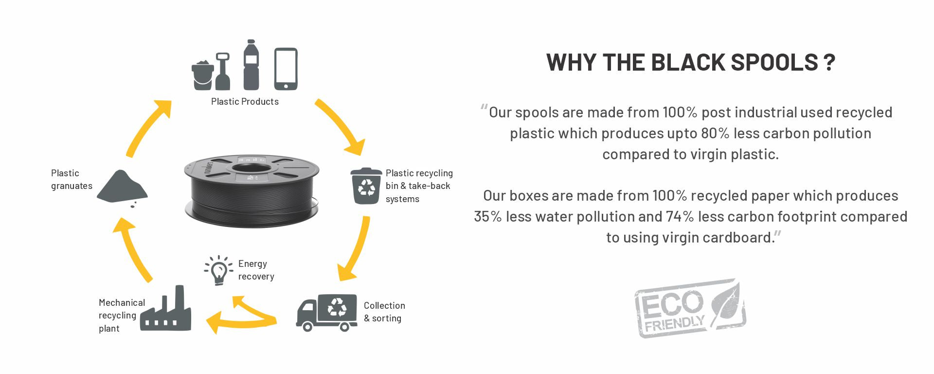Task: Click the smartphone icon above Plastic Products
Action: [286, 69]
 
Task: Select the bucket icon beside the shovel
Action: [202, 75]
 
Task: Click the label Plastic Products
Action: [245, 102]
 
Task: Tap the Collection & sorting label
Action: [384, 312]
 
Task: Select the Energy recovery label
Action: [256, 270]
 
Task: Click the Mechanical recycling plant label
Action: [121, 315]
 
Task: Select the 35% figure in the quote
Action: [487, 217]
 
